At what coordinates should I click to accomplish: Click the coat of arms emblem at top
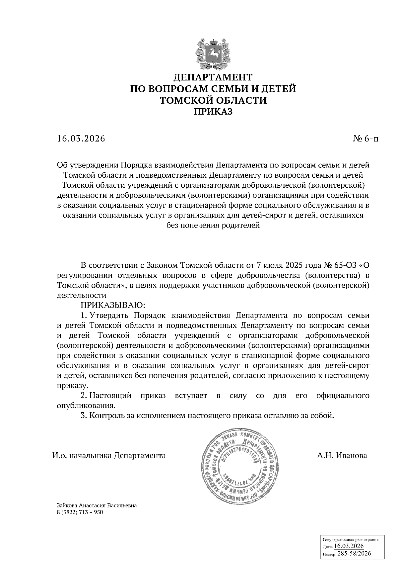213,53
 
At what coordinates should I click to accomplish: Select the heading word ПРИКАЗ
213,112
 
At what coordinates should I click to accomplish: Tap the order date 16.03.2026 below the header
81,139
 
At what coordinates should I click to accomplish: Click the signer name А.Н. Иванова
342,455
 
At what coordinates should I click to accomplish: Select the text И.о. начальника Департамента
109,455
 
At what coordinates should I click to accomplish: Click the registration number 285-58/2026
354,554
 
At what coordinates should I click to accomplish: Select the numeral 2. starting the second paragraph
84,396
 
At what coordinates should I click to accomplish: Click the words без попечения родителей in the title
213,226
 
